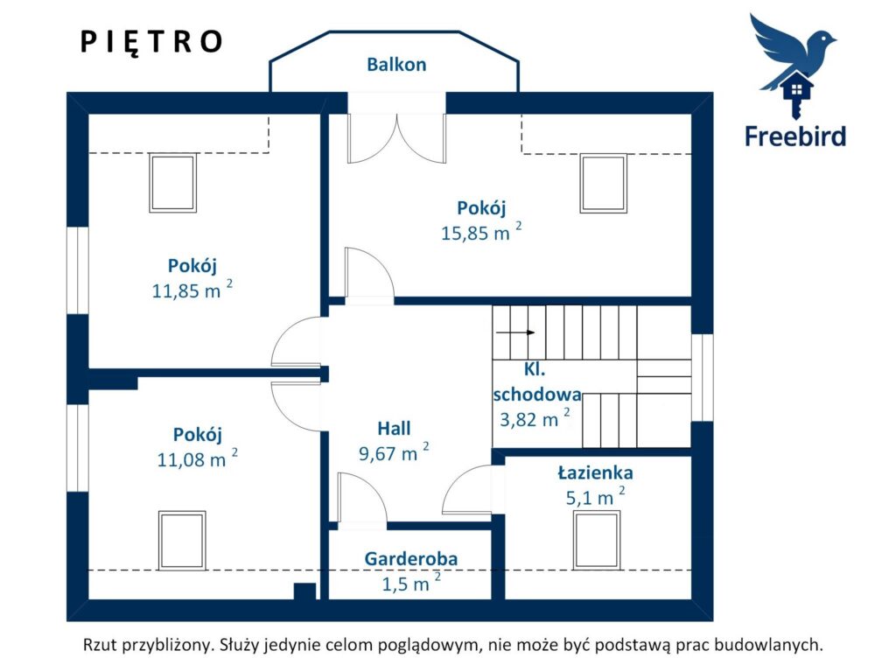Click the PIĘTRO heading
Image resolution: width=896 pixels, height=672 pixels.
coord(150,43)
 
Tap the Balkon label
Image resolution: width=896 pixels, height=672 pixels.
coord(396,65)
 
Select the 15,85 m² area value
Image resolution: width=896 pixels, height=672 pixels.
coord(481,232)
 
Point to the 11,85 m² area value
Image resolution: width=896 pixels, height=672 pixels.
coord(192,290)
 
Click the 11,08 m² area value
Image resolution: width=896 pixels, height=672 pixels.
coord(197,458)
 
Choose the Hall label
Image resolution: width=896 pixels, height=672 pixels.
coord(394,429)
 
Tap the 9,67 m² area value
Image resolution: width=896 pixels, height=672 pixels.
coord(394,452)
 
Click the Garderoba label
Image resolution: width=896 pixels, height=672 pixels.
coord(411,558)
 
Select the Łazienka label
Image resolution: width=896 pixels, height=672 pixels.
coord(595,472)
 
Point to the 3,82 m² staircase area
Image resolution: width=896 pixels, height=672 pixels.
coord(535,419)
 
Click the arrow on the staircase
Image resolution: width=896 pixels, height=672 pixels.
coord(514,332)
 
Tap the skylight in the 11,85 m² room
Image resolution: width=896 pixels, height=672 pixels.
coord(172,183)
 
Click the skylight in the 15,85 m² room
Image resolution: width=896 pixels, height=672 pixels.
coord(604,183)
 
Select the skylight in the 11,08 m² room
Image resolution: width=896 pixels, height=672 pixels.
coord(182,541)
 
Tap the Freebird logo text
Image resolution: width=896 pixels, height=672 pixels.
coord(794,136)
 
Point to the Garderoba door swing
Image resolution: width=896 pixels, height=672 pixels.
coord(362,497)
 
